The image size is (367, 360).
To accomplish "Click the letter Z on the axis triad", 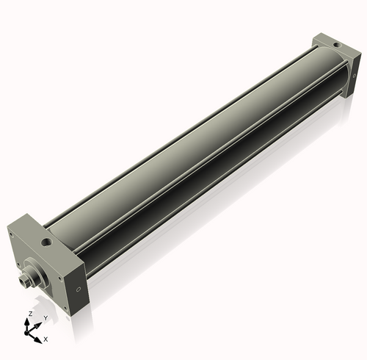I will click(x=29, y=313).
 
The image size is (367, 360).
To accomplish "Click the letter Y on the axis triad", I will click(x=46, y=318).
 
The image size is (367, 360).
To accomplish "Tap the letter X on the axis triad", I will click(x=46, y=339).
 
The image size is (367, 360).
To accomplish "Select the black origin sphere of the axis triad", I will click(x=30, y=331).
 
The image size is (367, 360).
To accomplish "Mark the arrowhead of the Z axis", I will click(x=29, y=320).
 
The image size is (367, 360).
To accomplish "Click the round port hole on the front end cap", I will click(x=46, y=240).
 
